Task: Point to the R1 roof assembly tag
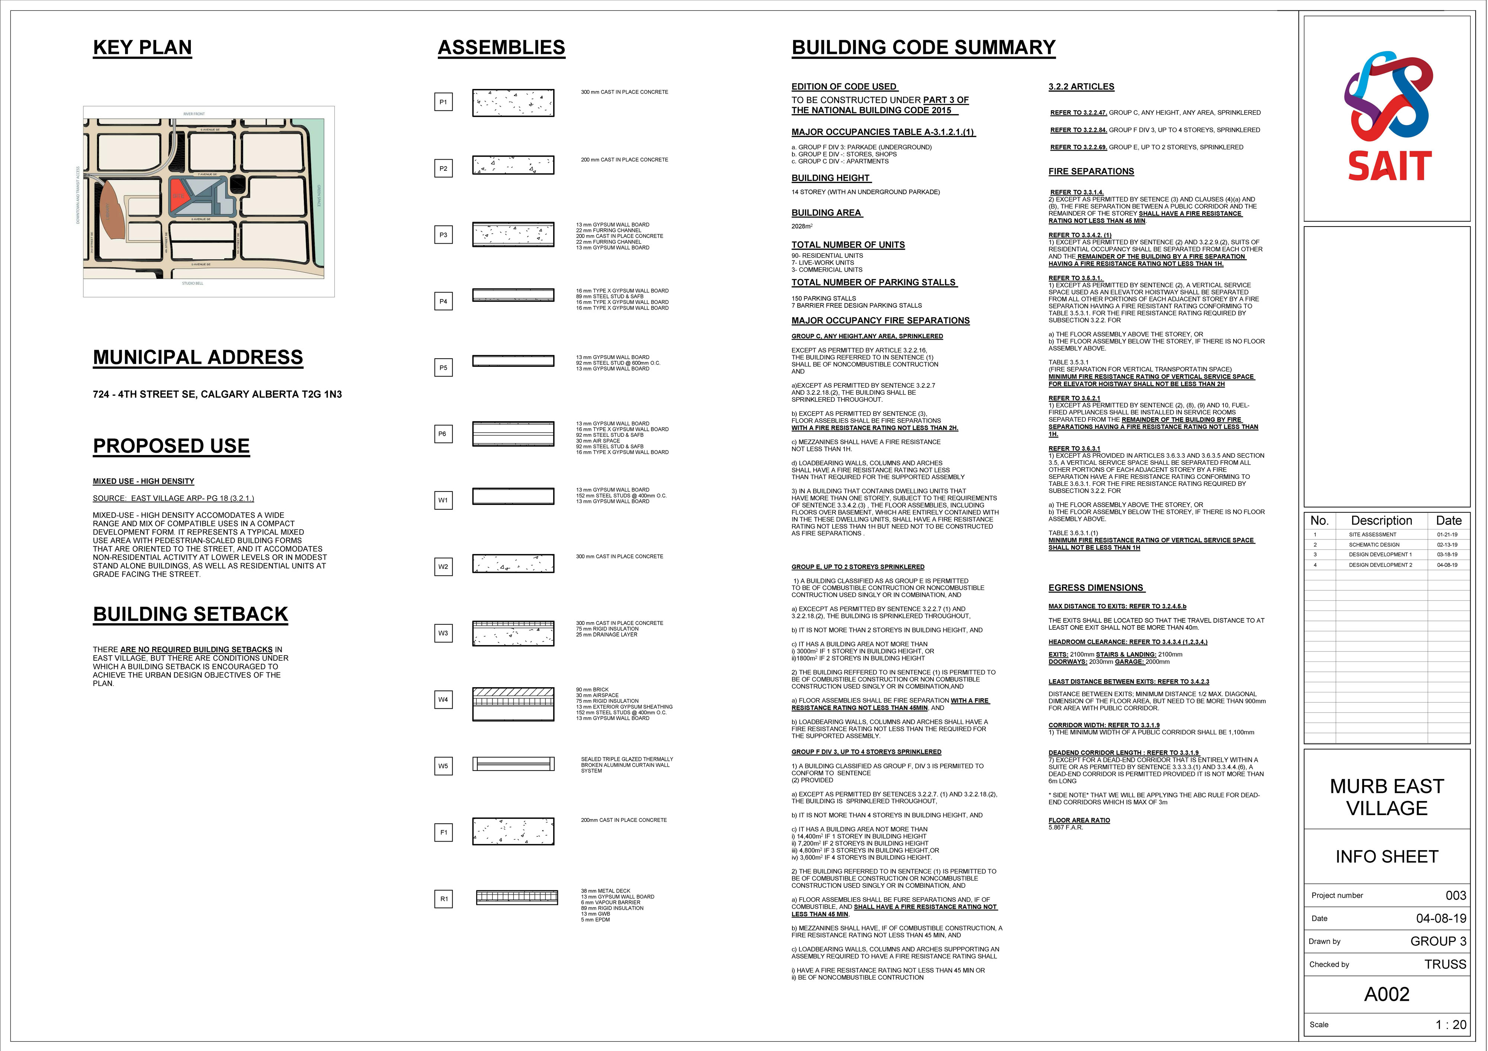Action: coord(443,899)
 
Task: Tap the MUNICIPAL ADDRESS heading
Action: coord(198,358)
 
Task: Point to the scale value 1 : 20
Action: coord(1450,1025)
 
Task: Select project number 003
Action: coord(1456,895)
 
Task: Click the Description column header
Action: coord(1381,521)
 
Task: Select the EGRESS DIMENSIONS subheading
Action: coord(1096,588)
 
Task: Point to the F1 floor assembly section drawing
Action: coord(513,832)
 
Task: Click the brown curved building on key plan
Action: coord(110,211)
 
